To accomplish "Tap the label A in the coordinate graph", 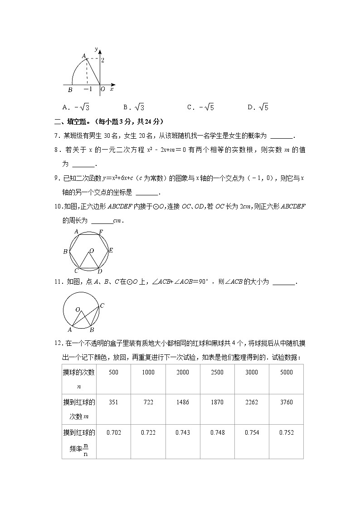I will (83, 56).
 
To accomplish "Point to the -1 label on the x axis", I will (88, 89).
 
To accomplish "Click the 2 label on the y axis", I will (103, 60).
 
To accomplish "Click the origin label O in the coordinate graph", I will (102, 89).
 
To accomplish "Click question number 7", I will (57, 136).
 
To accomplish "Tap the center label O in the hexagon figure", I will (92, 250).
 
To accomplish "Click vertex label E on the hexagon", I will (111, 250).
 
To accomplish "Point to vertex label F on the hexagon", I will (101, 232).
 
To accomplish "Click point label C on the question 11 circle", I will (102, 306).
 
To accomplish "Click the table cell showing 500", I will (113, 372).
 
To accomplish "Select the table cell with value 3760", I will (287, 402).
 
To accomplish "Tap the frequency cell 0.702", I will (113, 432).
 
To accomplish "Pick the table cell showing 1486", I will (183, 402).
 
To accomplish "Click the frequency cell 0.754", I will (252, 432).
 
